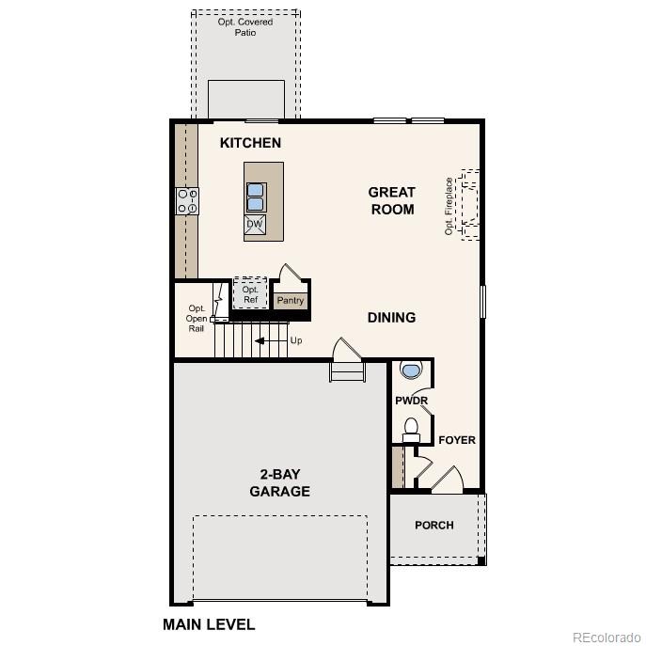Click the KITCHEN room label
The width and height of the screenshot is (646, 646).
(250, 143)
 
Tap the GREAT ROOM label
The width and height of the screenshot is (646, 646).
(392, 200)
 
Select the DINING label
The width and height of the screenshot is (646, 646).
(391, 318)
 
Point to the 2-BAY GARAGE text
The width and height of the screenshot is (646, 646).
(279, 482)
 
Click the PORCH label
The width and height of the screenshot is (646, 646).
(434, 525)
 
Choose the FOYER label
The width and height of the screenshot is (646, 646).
(457, 440)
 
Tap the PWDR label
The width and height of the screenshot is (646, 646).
(411, 401)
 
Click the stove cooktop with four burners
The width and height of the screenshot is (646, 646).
(187, 201)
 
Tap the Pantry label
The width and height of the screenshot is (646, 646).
(291, 301)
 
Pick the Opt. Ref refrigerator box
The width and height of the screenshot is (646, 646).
(250, 294)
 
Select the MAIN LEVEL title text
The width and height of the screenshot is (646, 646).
(209, 623)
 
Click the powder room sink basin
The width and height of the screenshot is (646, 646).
(411, 370)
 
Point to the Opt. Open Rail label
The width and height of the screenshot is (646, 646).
(197, 319)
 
